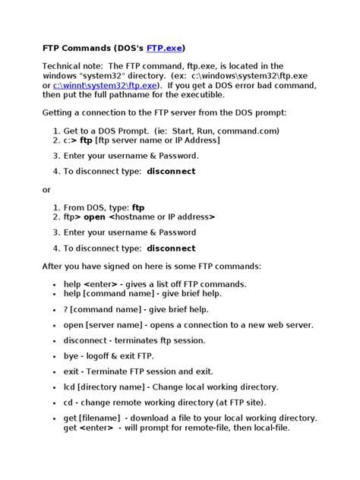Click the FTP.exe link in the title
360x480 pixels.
(165, 47)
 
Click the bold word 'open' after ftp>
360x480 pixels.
(95, 216)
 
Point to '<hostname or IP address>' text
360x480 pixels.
(162, 216)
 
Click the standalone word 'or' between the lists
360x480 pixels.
(46, 189)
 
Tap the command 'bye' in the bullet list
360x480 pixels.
(72, 355)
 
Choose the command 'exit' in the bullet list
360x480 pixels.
(72, 371)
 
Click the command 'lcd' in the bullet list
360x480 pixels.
(71, 387)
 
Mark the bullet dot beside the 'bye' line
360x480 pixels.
(55, 356)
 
